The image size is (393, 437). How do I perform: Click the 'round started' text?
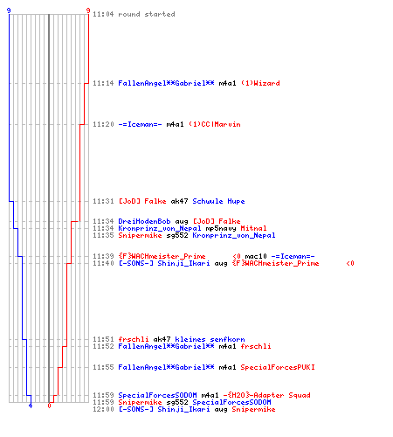click(x=147, y=14)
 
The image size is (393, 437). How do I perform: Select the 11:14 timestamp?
click(x=103, y=83)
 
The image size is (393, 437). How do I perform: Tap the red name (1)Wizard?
click(x=260, y=83)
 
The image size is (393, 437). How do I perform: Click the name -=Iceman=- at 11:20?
click(x=140, y=124)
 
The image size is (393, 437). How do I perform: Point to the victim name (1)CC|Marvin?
click(x=215, y=124)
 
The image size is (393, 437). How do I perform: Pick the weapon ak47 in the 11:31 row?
click(x=179, y=201)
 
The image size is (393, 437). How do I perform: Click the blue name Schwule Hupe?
click(x=218, y=201)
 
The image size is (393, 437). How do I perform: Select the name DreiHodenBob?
click(x=144, y=221)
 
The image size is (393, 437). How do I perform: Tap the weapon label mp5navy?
click(x=221, y=228)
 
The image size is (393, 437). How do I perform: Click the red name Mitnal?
click(x=253, y=228)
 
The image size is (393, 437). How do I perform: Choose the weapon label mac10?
click(x=256, y=256)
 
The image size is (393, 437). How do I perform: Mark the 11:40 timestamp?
click(x=103, y=263)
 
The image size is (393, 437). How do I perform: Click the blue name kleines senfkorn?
click(x=210, y=339)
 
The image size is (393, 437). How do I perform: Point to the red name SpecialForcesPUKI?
click(x=278, y=367)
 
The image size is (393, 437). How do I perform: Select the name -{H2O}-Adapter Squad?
click(x=266, y=395)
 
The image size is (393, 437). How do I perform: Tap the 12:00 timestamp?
click(x=103, y=409)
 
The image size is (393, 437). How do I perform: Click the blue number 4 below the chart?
click(x=31, y=406)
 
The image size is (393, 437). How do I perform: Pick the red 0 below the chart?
click(x=49, y=406)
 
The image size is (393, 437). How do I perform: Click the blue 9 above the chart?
click(x=9, y=10)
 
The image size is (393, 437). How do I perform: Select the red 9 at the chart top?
click(x=88, y=10)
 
